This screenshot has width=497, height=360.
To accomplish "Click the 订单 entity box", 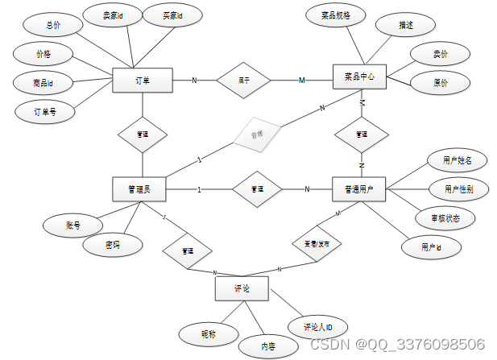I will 142,80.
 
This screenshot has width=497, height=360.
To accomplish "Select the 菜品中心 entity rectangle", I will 359,78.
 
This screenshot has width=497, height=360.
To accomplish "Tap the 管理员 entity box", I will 140,189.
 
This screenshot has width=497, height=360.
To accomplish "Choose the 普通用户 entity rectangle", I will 359,189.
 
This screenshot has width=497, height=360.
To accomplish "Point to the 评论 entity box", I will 242,288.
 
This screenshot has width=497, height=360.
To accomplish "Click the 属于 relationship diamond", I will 243,80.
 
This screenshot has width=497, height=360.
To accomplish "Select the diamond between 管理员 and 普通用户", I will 257,189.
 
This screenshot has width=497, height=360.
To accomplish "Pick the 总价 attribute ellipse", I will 53,26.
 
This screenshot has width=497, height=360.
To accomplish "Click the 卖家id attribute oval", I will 113,15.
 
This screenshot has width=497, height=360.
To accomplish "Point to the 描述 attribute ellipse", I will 405,26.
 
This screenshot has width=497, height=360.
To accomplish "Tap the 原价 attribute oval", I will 441,83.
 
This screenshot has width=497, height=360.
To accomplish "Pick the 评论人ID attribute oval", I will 318,327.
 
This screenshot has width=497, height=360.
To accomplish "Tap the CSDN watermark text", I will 396,345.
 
